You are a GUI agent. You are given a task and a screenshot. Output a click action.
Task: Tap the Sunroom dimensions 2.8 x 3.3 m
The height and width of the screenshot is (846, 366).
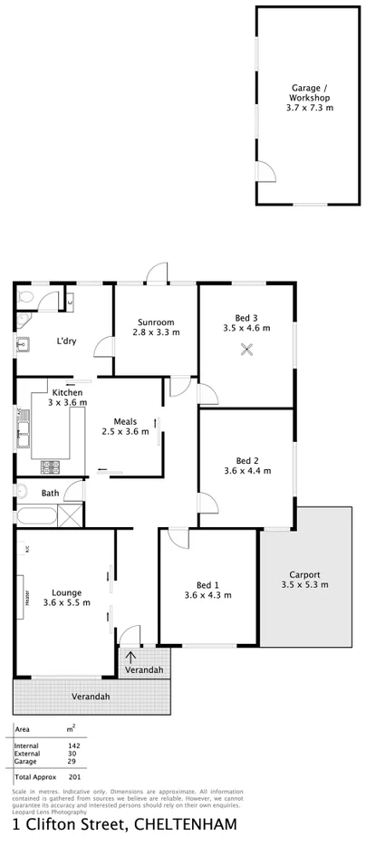[x=156, y=332]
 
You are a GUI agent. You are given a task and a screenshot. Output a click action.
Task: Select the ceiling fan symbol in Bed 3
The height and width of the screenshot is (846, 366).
[x=245, y=353]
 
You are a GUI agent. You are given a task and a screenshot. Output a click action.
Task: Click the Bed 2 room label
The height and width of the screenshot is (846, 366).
[x=247, y=459]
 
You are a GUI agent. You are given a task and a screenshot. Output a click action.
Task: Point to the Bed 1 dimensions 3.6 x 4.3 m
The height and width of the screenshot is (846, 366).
[x=207, y=595]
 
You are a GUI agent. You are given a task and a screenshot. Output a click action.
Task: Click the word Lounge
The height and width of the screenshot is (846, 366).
[x=66, y=591]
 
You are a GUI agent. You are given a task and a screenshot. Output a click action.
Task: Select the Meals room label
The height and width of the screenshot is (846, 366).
[x=125, y=420]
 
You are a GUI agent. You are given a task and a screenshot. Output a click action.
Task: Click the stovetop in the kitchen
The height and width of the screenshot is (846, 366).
[x=49, y=467]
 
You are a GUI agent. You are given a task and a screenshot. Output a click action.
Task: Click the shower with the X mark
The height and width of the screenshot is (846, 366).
[x=75, y=515]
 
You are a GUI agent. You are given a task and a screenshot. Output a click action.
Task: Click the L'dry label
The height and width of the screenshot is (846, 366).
[x=66, y=341]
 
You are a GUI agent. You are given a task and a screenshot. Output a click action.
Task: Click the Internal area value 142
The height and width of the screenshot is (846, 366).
[x=73, y=745]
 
